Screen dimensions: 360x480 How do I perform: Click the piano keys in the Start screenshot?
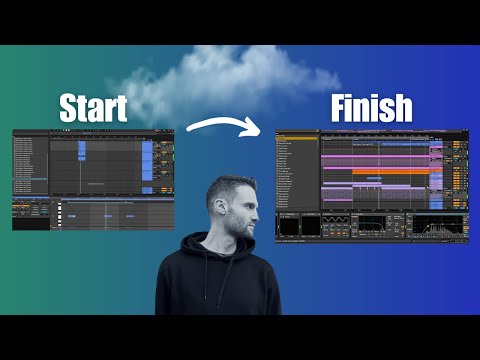(x=59, y=212)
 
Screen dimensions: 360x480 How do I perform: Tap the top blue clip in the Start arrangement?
(x=82, y=150)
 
